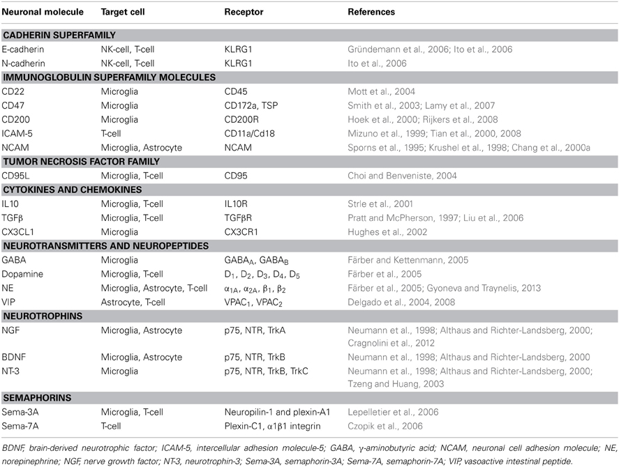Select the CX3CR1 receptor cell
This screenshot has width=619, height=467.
coord(241,231)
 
